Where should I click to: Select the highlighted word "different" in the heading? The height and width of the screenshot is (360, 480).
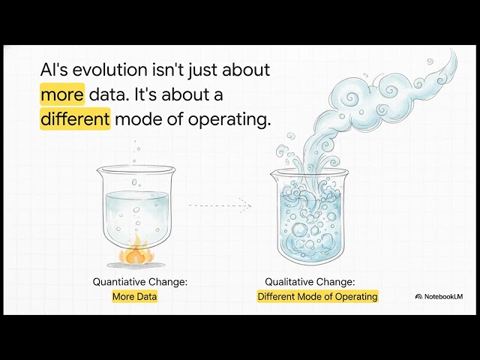click(75, 119)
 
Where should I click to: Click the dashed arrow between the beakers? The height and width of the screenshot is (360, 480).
click(218, 204)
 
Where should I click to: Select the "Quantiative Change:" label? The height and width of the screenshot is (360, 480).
click(139, 282)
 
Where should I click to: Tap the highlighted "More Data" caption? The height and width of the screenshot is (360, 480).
click(135, 296)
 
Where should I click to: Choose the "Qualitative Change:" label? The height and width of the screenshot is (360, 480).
click(310, 282)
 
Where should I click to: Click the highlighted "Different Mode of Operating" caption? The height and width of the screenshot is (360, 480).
click(317, 296)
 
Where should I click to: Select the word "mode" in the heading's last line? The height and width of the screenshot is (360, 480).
click(136, 119)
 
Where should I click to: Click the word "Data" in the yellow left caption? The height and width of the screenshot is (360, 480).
click(147, 296)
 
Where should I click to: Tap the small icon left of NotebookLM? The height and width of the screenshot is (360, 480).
click(418, 296)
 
